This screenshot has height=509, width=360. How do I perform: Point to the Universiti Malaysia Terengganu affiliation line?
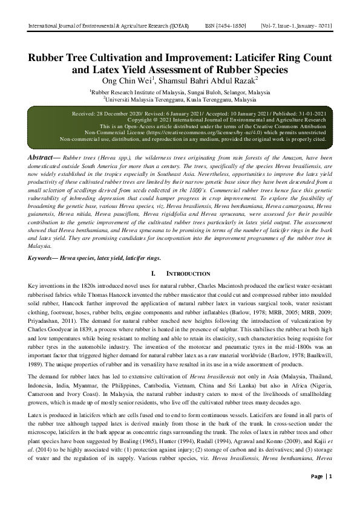pyautogui.click(x=180, y=99)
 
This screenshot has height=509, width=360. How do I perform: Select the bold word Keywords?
pyautogui.click(x=48, y=258)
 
